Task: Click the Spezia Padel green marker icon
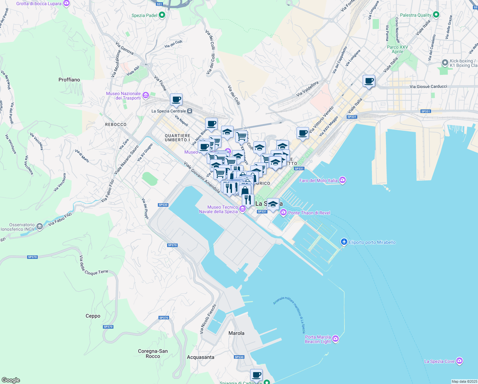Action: (x=162, y=15)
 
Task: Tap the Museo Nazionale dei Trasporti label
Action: (x=124, y=96)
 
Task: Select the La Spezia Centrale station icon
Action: (x=190, y=111)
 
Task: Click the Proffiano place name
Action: (x=69, y=80)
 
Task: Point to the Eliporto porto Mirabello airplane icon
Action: (x=344, y=242)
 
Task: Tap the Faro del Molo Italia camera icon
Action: (x=343, y=180)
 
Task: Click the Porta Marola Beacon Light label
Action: (x=318, y=339)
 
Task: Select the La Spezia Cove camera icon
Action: (x=459, y=361)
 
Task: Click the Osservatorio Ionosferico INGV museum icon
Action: (x=40, y=227)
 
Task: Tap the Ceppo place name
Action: (x=93, y=316)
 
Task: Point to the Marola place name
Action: (x=236, y=333)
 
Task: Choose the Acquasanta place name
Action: (x=201, y=357)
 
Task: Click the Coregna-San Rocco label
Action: (x=153, y=354)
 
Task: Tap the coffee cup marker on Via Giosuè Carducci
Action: (x=369, y=81)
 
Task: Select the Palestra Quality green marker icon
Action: (x=436, y=15)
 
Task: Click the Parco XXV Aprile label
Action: (x=397, y=49)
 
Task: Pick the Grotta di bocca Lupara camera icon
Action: (x=66, y=3)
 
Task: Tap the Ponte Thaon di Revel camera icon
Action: (x=283, y=212)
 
